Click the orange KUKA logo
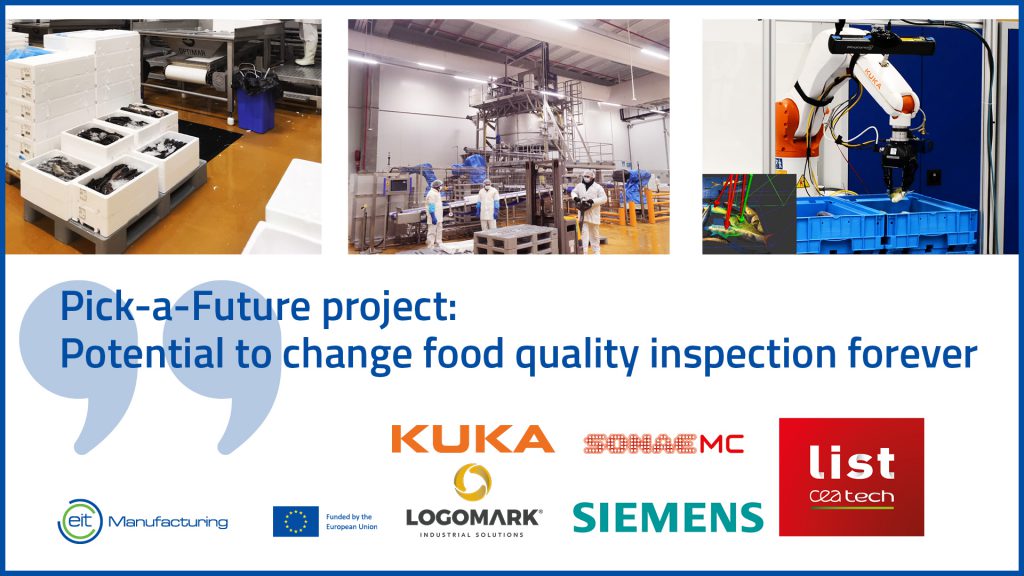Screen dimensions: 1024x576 [x=473, y=439]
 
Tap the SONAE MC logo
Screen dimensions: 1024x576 [x=664, y=444]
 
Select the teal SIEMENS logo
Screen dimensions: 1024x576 [x=668, y=517]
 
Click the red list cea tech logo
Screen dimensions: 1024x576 [x=852, y=477]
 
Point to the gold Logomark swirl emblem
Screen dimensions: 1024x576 [x=472, y=482]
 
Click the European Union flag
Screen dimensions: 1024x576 [x=296, y=521]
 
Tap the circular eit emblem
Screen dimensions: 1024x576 [x=80, y=521]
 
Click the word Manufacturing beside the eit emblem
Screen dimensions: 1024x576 [x=168, y=522]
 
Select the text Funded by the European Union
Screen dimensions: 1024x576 [x=351, y=521]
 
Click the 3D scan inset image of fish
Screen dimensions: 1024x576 [x=749, y=214]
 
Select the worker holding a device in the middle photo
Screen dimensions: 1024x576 [x=589, y=210]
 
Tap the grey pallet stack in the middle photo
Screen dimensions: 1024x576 [x=516, y=239]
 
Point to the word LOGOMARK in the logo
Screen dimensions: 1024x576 [x=473, y=518]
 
